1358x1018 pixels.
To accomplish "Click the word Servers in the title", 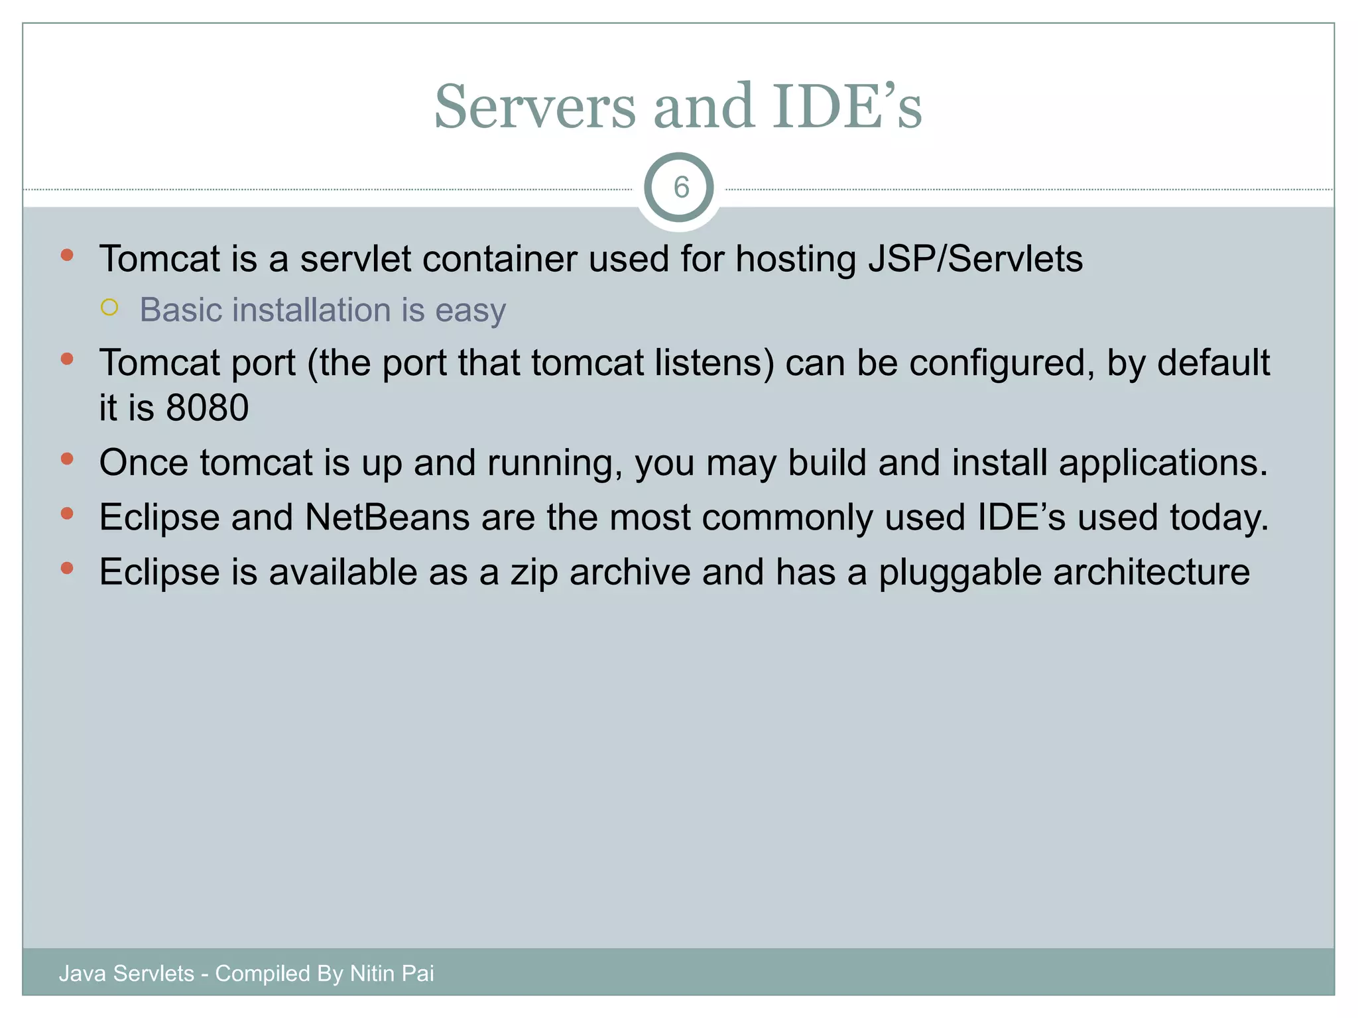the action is [x=534, y=107].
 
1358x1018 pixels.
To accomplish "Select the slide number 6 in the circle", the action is [x=681, y=188].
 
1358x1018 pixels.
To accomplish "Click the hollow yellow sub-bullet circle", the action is [x=109, y=308].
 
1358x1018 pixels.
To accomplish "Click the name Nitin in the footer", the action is [x=372, y=974].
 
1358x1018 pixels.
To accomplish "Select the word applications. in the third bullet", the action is [x=1163, y=463].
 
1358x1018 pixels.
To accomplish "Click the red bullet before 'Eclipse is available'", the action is [x=66, y=568].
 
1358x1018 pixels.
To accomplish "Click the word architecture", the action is [x=1151, y=573].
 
